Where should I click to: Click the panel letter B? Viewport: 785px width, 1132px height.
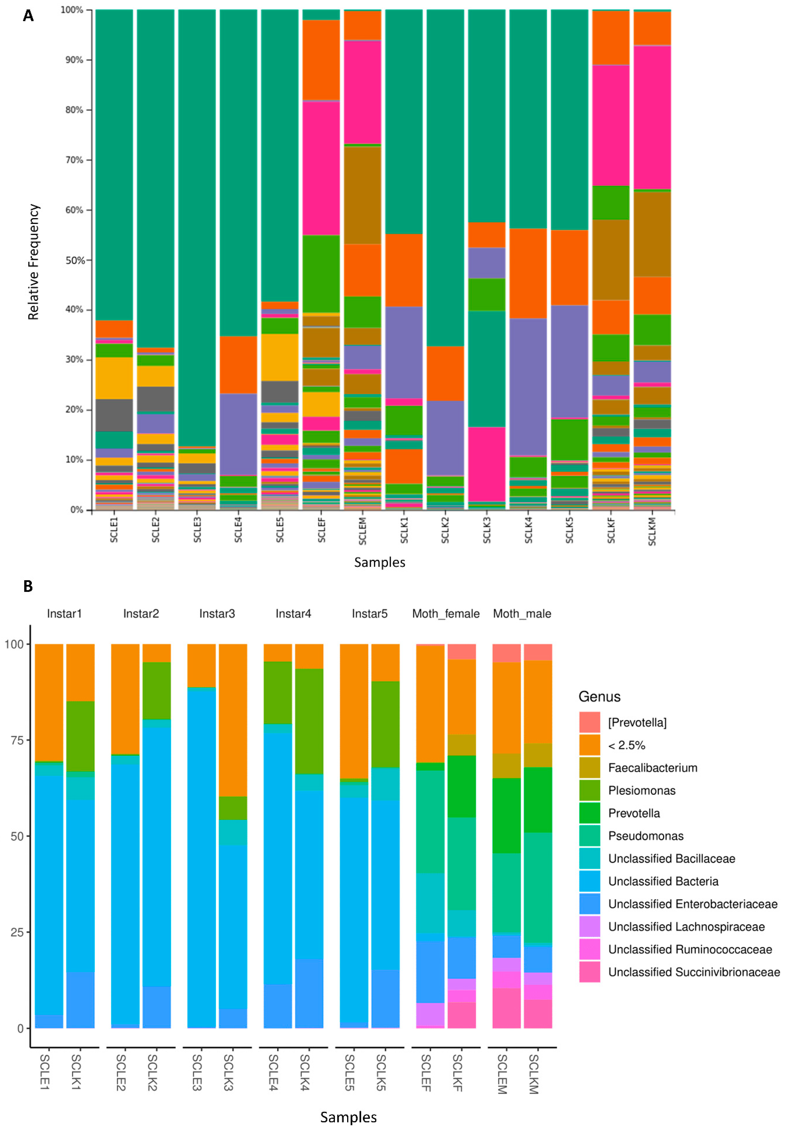[28, 586]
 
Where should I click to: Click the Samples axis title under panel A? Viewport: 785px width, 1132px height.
[380, 562]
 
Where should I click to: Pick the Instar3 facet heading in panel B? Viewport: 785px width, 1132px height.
[217, 614]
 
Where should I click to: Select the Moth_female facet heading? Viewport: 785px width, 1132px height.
[446, 614]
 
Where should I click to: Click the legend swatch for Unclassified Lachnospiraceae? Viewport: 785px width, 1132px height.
[589, 926]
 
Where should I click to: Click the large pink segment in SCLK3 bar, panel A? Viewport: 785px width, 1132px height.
[486, 464]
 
